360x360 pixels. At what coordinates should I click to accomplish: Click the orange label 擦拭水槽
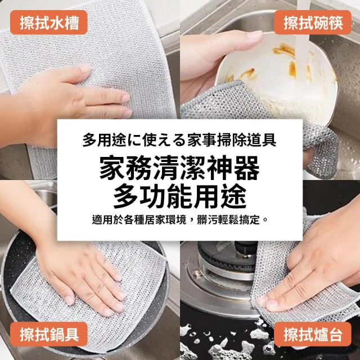click(49, 22)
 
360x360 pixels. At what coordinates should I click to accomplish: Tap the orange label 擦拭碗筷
click(313, 22)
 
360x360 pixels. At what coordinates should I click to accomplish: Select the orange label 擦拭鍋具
click(49, 334)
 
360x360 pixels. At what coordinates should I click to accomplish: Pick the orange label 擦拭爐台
click(313, 334)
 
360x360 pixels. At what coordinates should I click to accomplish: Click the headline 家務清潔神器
click(180, 169)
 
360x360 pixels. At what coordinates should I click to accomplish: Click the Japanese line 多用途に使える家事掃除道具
click(179, 139)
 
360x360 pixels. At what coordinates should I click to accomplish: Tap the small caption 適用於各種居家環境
click(139, 220)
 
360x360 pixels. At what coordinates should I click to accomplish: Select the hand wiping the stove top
click(317, 264)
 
